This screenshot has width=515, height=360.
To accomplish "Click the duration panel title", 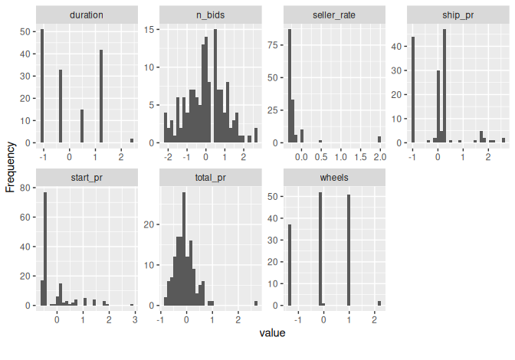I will (87, 15).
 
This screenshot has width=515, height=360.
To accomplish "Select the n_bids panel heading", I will (210, 15).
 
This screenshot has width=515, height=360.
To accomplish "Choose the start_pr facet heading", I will (87, 177).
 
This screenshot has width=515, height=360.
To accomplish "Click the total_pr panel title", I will (210, 177).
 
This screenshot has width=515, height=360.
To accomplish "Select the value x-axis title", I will (272, 333).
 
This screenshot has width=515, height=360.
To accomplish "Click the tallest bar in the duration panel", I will (42, 87).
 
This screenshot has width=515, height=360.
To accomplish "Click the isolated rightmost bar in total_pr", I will (256, 303).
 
